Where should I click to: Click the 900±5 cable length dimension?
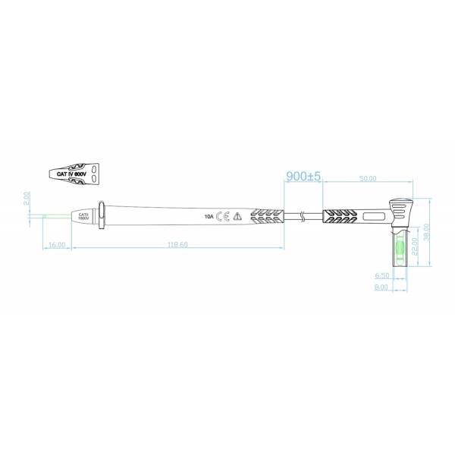[x=304, y=176]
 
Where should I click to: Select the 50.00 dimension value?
[x=368, y=179]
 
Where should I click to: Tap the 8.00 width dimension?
[x=381, y=287]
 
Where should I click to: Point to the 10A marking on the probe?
[x=209, y=216]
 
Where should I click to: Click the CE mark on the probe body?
[x=223, y=216]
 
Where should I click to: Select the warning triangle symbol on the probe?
[x=237, y=216]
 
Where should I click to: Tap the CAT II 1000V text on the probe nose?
[x=83, y=217]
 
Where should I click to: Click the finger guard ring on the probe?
[x=102, y=215]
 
